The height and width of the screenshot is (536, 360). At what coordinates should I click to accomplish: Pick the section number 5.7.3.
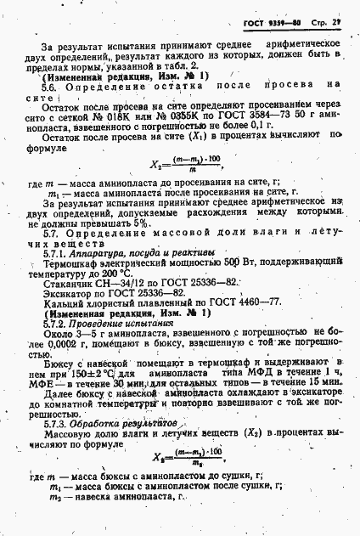[53, 444]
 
